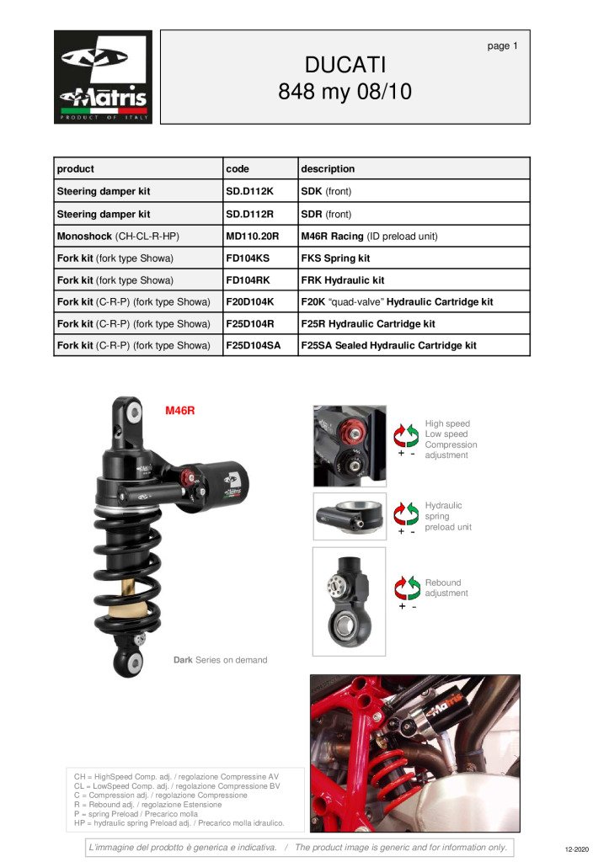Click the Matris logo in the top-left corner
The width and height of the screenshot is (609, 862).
click(103, 77)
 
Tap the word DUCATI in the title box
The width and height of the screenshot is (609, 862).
click(345, 65)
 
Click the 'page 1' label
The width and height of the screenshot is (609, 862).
click(502, 46)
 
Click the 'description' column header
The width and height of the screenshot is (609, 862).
click(328, 168)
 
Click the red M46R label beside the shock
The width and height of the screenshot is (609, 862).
click(180, 410)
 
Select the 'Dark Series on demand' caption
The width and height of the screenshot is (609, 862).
click(221, 660)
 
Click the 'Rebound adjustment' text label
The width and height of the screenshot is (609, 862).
click(446, 588)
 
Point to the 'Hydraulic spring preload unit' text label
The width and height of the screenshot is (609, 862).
click(448, 516)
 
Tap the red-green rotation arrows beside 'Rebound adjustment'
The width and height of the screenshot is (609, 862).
click(407, 588)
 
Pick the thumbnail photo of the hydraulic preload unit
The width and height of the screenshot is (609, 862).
click(350, 516)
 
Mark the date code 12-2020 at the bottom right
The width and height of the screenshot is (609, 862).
click(576, 849)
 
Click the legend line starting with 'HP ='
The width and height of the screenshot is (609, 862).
click(179, 823)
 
